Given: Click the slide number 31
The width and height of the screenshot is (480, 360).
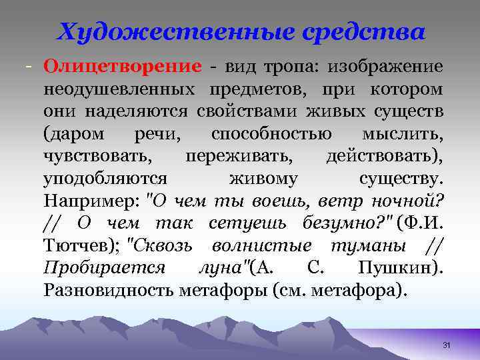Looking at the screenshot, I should pos(447,345).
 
